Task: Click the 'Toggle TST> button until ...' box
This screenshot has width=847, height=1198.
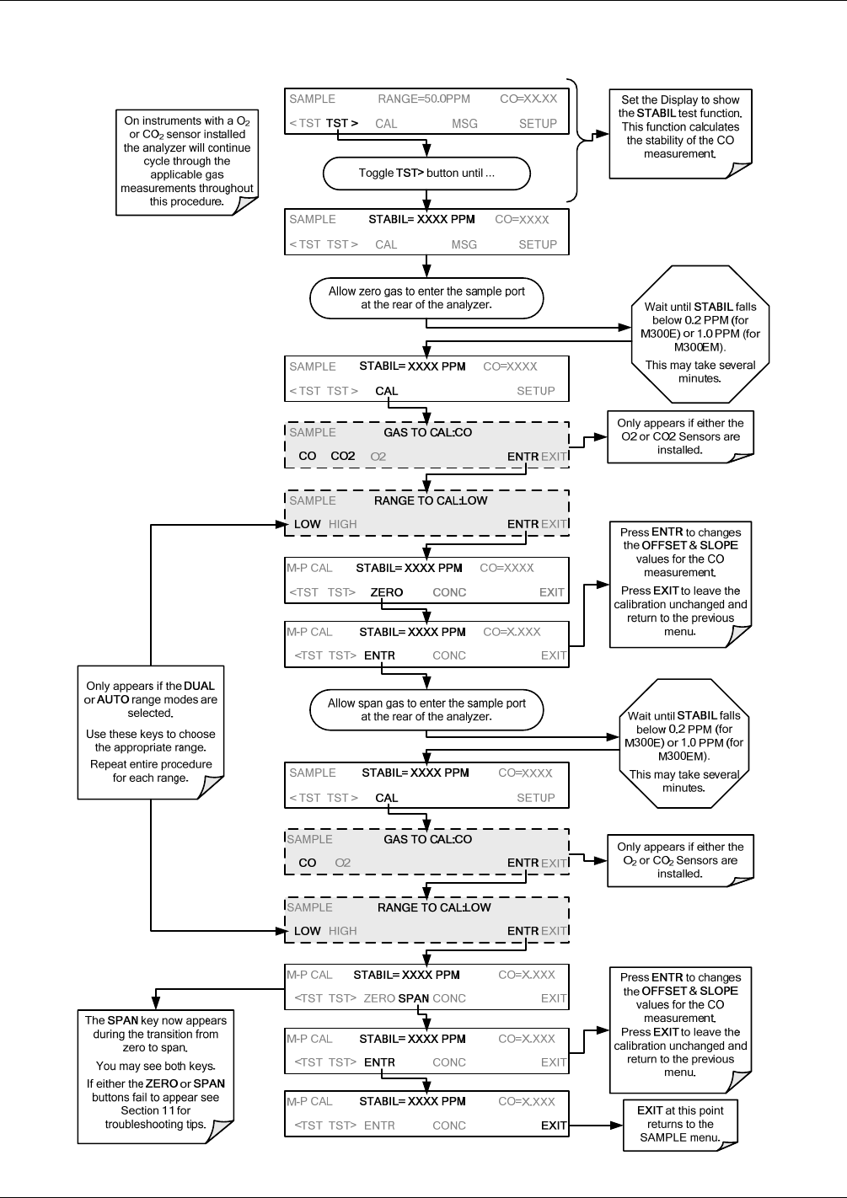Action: point(426,174)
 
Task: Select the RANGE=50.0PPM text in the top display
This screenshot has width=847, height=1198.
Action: point(424,99)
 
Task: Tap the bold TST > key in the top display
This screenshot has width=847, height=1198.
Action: point(342,124)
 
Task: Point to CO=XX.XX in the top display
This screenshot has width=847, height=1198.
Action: point(528,99)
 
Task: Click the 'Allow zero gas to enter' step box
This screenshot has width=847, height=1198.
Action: point(426,298)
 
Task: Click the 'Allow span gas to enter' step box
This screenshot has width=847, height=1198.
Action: point(426,709)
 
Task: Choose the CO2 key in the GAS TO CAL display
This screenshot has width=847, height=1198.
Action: point(342,457)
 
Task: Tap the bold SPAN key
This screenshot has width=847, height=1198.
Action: point(414,998)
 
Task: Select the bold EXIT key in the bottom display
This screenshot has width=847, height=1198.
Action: point(553,1126)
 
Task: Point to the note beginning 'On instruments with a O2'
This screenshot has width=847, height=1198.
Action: point(187,162)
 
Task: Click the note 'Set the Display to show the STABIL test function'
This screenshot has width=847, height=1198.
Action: point(680,134)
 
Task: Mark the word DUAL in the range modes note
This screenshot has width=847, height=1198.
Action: point(199,686)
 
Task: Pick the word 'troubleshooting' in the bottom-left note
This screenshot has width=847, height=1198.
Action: point(137,1124)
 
